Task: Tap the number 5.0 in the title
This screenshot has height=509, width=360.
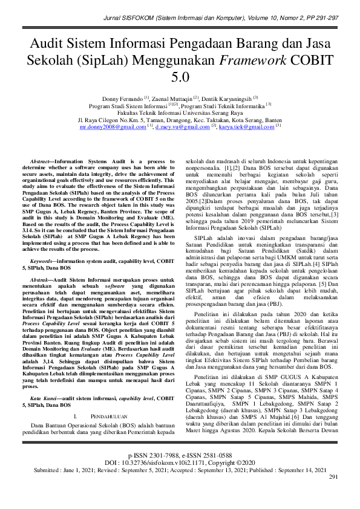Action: point(180,77)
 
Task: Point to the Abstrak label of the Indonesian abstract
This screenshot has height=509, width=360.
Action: point(41,280)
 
